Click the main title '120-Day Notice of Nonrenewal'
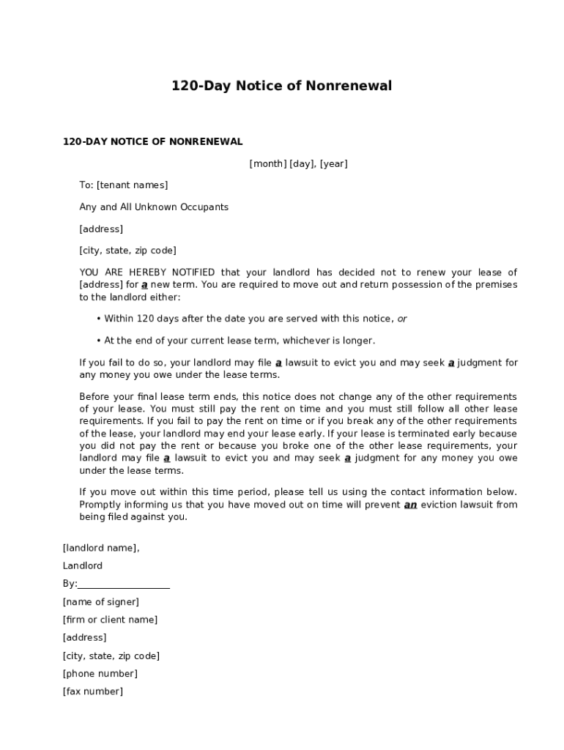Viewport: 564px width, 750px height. point(281,86)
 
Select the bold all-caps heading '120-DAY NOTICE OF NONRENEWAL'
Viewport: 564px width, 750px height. point(152,141)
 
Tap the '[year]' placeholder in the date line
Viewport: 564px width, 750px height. point(333,164)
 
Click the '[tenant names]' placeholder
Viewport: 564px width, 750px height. point(132,185)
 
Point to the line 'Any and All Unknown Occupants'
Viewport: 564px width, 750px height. point(154,207)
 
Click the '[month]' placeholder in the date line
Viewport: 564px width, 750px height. point(268,164)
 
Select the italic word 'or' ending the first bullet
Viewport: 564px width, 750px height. point(402,319)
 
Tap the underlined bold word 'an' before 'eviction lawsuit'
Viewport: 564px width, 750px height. point(410,505)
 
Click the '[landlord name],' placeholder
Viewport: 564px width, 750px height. point(101,548)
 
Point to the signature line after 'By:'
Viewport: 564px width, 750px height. point(124,584)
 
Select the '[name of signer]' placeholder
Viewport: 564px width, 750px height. point(101,602)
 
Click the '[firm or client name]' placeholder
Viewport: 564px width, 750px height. point(110,620)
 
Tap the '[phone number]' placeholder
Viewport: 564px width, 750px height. point(100,674)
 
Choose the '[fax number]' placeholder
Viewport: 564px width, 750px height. point(93,691)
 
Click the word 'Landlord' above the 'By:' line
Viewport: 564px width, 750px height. point(83,566)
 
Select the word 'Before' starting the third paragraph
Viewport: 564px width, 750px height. point(94,396)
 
